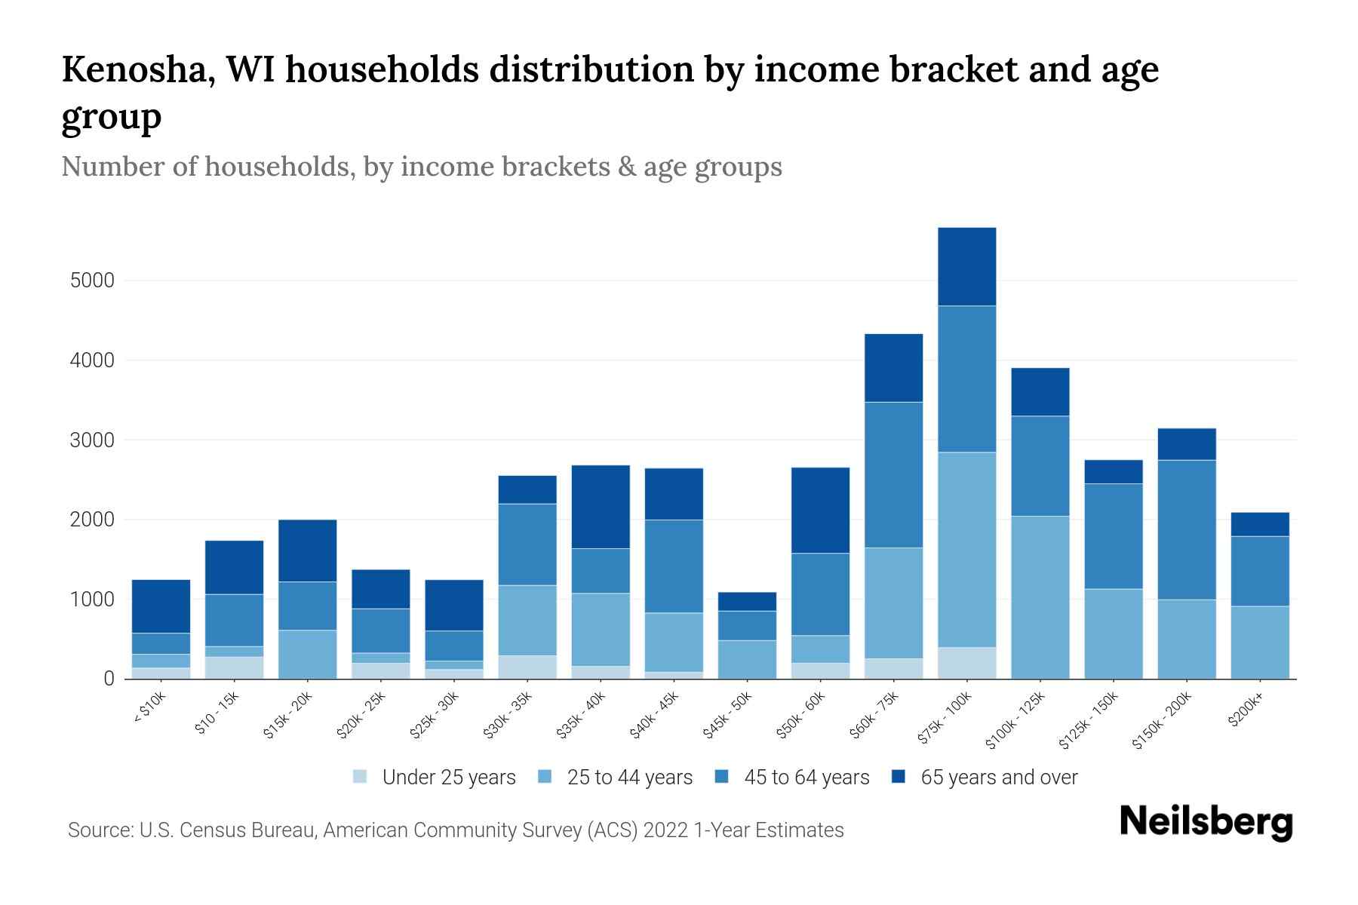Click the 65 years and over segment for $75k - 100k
coord(966,266)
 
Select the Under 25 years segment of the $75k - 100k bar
coord(966,663)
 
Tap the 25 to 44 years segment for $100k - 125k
coord(1040,597)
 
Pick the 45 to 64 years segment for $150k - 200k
coord(1187,529)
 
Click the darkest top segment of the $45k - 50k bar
coord(747,601)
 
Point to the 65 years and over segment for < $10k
coord(161,606)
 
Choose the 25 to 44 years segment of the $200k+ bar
coord(1260,642)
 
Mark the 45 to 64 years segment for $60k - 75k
coord(893,474)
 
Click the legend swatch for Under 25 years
coord(361,777)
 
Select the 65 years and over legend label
coord(999,777)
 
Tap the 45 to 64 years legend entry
coord(807,777)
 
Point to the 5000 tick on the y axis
coord(92,281)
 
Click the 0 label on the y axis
coord(109,679)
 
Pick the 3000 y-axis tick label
coord(92,440)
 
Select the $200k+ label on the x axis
coord(1246,711)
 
